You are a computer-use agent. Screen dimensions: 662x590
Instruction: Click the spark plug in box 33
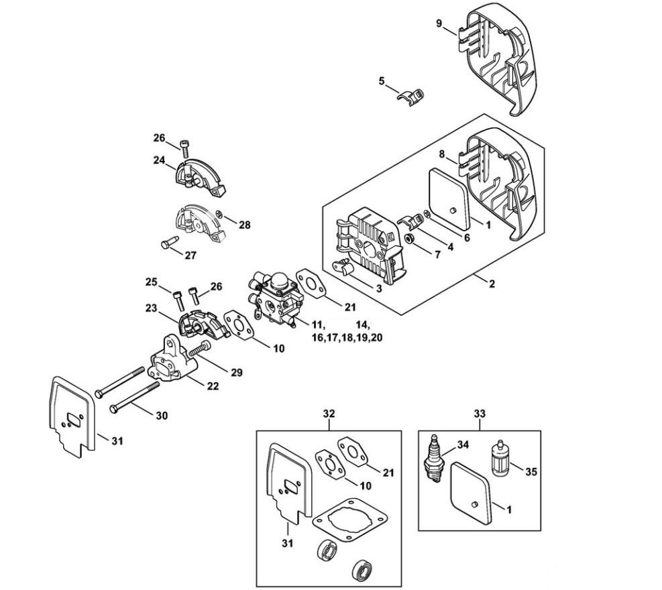434,457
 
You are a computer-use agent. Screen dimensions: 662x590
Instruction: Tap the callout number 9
439,23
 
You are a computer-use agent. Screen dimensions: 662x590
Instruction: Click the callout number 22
213,386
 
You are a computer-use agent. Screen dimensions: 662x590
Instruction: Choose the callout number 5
382,80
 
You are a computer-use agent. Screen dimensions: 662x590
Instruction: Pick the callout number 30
162,415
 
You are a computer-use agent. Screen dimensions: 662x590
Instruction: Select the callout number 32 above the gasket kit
329,414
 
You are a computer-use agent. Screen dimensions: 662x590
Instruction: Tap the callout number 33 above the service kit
480,414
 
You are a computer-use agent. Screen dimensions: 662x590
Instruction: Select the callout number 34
463,445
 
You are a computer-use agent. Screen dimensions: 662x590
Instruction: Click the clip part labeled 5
410,97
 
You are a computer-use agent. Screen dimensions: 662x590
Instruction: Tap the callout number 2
492,284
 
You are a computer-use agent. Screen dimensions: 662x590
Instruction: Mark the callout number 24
159,160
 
